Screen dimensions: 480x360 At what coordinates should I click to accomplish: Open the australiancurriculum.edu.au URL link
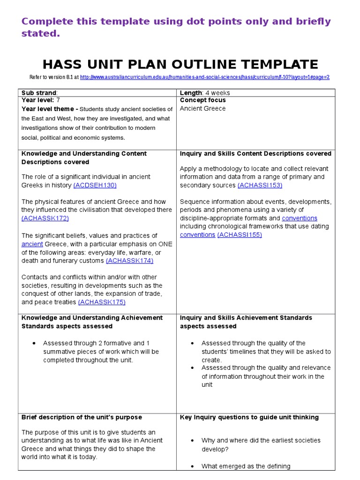point(205,77)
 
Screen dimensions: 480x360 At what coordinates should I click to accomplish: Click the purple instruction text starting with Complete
point(176,27)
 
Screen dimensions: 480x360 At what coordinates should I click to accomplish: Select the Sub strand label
point(39,93)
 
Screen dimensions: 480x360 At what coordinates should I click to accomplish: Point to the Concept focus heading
point(202,100)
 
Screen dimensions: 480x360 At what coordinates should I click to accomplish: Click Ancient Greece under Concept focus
point(202,109)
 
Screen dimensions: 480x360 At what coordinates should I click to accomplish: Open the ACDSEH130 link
point(95,185)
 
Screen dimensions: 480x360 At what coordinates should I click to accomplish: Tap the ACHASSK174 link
point(129,261)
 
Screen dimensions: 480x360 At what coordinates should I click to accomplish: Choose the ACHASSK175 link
point(102,302)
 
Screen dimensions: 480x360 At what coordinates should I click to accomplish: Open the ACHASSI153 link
point(260,185)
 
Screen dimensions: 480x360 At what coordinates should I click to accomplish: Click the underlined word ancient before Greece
point(32,244)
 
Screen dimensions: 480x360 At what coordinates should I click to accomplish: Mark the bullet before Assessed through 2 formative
point(35,344)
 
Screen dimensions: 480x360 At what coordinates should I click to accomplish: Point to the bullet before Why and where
point(193,441)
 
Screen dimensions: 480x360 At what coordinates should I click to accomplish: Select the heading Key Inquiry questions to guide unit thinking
point(249,417)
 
